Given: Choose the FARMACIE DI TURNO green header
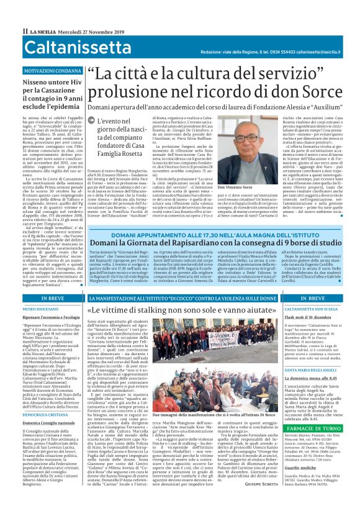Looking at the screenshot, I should coord(312,427).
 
